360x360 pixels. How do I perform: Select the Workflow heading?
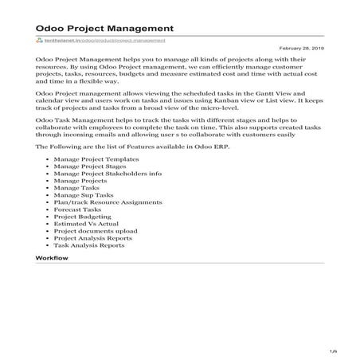[x=53, y=260]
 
